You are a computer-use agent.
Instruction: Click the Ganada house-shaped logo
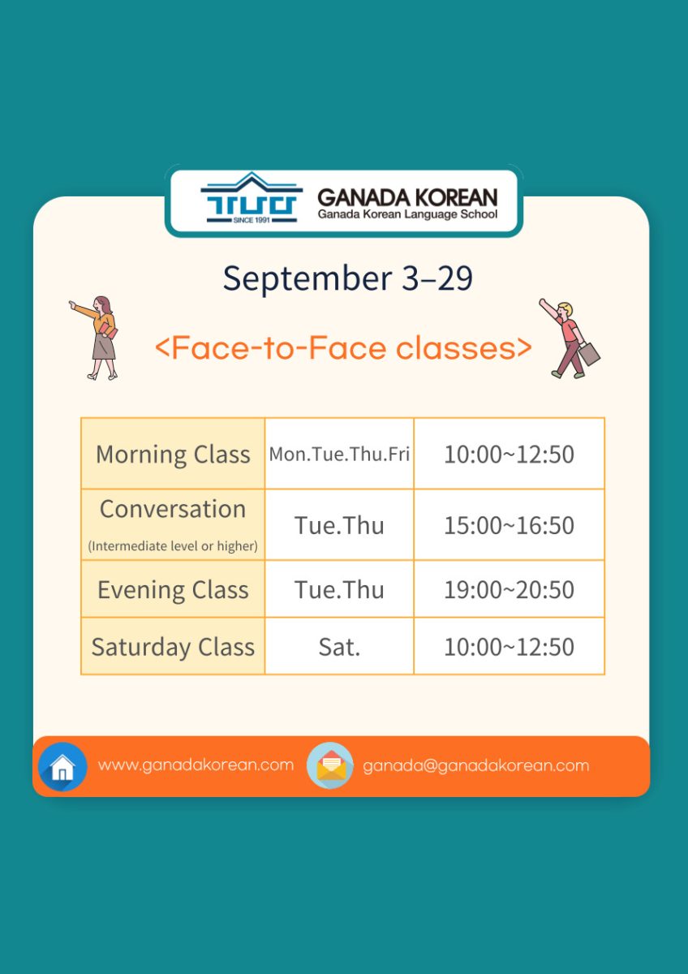tap(252, 198)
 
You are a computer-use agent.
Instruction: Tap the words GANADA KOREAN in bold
tap(407, 198)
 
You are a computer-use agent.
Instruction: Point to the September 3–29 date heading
tap(348, 278)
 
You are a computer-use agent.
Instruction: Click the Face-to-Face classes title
tap(343, 348)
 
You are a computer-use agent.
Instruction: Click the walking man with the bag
tap(568, 338)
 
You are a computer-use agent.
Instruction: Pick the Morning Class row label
tap(173, 455)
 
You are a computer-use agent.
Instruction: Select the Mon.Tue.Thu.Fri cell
tap(339, 455)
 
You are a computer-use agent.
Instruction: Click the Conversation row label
tap(173, 509)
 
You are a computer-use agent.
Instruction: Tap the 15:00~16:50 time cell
tap(509, 525)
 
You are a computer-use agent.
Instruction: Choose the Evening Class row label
tap(173, 590)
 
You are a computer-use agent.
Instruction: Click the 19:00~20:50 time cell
tap(509, 590)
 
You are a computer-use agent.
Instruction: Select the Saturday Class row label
tap(173, 647)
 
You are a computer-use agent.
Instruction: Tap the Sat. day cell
tap(339, 647)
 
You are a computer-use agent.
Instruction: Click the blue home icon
tap(62, 766)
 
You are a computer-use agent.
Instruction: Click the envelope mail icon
tap(330, 765)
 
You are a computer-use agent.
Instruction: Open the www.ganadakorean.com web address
tap(196, 765)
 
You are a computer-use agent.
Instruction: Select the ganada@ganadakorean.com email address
tap(476, 765)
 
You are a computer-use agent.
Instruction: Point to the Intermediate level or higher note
tap(173, 545)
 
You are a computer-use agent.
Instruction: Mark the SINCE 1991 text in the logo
tap(252, 220)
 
